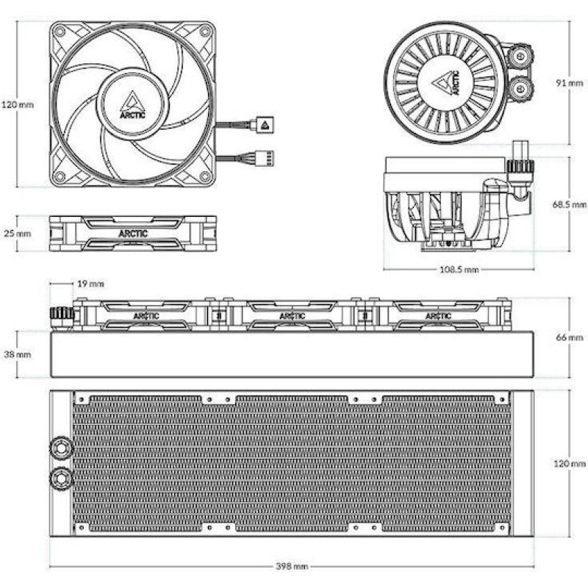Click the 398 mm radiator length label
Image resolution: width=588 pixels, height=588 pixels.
[x=292, y=566]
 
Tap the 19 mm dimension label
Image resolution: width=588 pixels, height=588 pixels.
[x=90, y=284]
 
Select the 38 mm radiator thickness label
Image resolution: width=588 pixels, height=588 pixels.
[x=17, y=354]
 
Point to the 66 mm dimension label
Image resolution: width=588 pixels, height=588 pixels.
[x=569, y=337]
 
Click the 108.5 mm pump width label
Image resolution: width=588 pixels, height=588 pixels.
[x=459, y=270]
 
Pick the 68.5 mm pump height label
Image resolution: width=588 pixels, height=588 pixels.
[x=569, y=204]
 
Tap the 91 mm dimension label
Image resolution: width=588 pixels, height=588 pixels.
[x=569, y=83]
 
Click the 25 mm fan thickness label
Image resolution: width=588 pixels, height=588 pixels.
[x=17, y=233]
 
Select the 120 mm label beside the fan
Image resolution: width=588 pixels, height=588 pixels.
[x=18, y=104]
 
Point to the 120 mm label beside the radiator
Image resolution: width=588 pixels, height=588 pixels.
[x=569, y=464]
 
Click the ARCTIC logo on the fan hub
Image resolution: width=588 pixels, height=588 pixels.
[x=132, y=105]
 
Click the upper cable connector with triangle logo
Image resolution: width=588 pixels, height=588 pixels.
[x=265, y=124]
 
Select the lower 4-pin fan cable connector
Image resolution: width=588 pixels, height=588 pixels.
[x=265, y=159]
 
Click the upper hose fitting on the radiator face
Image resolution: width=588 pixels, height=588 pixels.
[x=61, y=448]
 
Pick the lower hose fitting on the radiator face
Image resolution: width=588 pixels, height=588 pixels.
[x=61, y=477]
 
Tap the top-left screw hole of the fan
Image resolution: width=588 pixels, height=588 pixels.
[x=60, y=32]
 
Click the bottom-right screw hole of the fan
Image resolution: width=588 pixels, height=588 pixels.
[x=205, y=176]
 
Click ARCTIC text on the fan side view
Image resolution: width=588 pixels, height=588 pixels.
[x=133, y=234]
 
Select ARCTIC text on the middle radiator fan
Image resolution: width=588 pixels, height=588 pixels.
[x=293, y=316]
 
